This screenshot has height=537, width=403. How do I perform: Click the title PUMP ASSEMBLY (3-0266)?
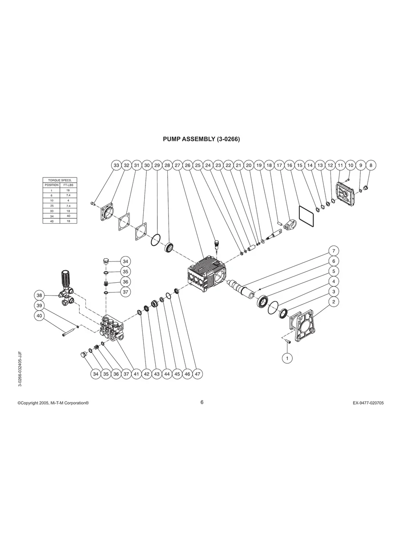coord(201,139)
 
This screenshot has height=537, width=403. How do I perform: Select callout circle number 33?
coord(116,165)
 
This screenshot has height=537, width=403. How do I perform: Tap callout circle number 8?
coord(371,165)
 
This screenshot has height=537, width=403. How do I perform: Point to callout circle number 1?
coord(287,357)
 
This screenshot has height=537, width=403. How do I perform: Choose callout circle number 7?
coord(334,250)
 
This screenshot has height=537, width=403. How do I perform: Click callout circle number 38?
coord(40,295)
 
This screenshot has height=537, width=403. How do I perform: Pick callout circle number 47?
coord(197,374)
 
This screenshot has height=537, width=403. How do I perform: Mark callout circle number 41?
coord(136,374)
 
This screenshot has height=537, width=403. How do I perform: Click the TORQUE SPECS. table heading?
coord(60,180)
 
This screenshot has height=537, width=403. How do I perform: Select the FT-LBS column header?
coord(68,185)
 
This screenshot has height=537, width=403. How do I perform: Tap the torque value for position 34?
coord(68,216)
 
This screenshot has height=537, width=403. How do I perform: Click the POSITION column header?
coord(51,185)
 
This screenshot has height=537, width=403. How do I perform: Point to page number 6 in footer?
coord(201,402)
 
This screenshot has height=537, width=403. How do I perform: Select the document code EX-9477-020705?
coord(368,403)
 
